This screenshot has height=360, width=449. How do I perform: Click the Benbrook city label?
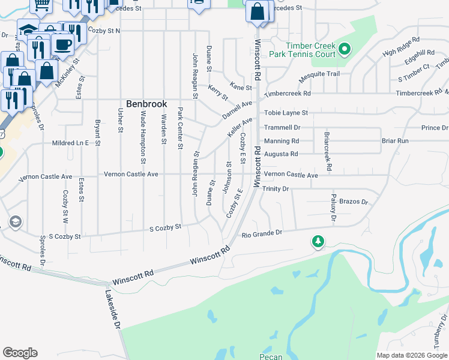point(146,104)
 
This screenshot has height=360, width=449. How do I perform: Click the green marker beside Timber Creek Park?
point(345,49)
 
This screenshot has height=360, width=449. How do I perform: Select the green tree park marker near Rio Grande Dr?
point(318,241)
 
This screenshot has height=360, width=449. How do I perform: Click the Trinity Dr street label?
point(277,188)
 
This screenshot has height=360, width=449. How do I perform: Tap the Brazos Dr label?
point(353,202)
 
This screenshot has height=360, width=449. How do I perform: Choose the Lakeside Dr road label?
point(113,309)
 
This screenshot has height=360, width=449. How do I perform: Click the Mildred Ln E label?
point(70,143)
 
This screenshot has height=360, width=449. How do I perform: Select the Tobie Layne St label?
point(286,113)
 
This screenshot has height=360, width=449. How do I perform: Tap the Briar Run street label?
point(395,141)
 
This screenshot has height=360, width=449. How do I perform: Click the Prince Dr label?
point(435,128)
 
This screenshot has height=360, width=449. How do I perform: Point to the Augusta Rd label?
point(281,154)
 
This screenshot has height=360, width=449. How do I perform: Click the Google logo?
point(20,353)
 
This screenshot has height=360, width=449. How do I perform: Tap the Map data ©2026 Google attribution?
point(412,355)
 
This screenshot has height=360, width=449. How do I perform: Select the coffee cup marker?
point(62,44)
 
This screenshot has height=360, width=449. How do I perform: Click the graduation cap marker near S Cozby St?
point(14,223)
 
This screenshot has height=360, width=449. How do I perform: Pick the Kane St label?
point(241,88)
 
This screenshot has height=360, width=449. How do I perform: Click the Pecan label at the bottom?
point(271,357)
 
